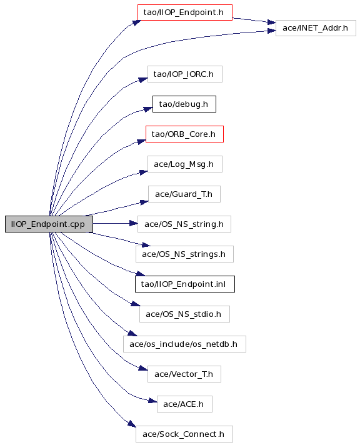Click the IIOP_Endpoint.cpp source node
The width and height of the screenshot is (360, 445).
tap(49, 224)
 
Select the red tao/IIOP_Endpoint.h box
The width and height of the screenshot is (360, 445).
tap(185, 12)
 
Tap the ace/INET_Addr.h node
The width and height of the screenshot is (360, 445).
tap(316, 28)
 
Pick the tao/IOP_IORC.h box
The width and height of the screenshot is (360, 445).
tap(185, 74)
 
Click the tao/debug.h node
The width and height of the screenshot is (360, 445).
tap(184, 104)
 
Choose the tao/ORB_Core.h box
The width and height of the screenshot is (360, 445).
tap(184, 134)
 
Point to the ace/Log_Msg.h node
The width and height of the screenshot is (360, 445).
tap(185, 164)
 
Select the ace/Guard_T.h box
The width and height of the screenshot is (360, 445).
tap(184, 194)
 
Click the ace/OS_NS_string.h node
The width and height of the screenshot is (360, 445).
tap(184, 224)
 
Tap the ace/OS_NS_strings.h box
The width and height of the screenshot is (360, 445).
tap(184, 254)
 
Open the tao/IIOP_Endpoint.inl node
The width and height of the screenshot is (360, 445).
tap(185, 284)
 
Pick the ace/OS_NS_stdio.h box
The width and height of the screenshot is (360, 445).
tap(184, 314)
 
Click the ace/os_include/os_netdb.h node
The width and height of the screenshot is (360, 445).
tap(184, 344)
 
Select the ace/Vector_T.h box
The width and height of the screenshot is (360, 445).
tap(184, 374)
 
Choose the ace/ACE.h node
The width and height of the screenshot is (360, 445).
tap(184, 404)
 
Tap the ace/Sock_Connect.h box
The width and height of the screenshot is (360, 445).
tap(184, 434)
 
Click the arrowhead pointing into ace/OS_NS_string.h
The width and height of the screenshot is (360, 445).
tap(134, 224)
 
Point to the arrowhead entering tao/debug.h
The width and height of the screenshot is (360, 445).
tap(148, 109)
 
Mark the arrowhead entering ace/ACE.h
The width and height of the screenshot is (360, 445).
tap(152, 401)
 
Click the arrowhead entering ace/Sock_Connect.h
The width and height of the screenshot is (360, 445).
tap(132, 424)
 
